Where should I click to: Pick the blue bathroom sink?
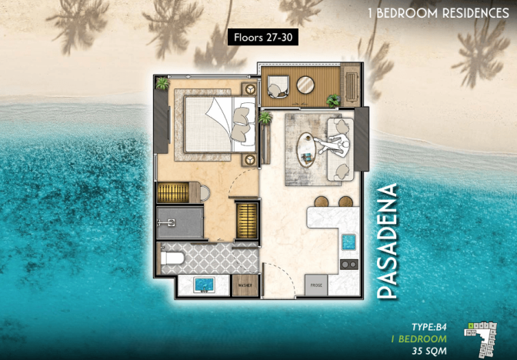(203, 285)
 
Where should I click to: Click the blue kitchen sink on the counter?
(348, 242)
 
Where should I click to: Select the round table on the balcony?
(306, 85)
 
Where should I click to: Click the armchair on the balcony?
(278, 85)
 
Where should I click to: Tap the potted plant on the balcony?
(333, 100)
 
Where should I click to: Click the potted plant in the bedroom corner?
(162, 84)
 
